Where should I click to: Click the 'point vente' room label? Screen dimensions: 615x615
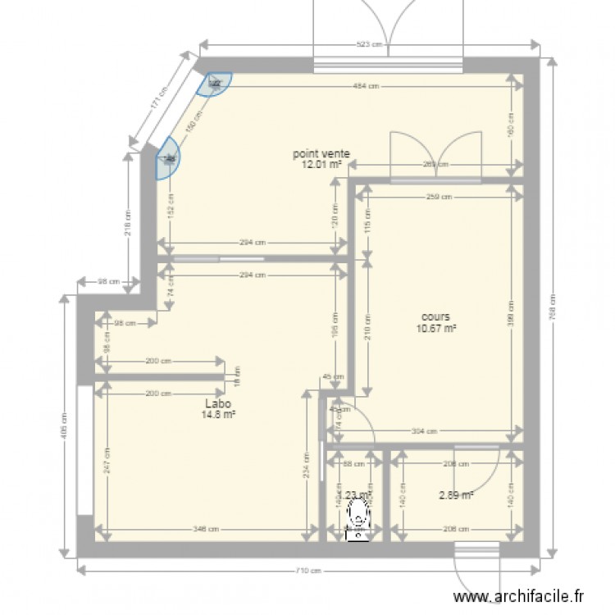323,153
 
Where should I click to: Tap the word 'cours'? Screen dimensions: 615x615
435,317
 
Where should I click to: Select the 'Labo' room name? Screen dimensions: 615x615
218,403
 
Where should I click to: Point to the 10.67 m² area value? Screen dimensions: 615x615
436,330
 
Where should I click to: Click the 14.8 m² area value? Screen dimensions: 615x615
218,415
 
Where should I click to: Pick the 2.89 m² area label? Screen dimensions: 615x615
457,495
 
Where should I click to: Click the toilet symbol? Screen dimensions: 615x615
358,517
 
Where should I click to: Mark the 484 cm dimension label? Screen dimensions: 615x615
366,85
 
